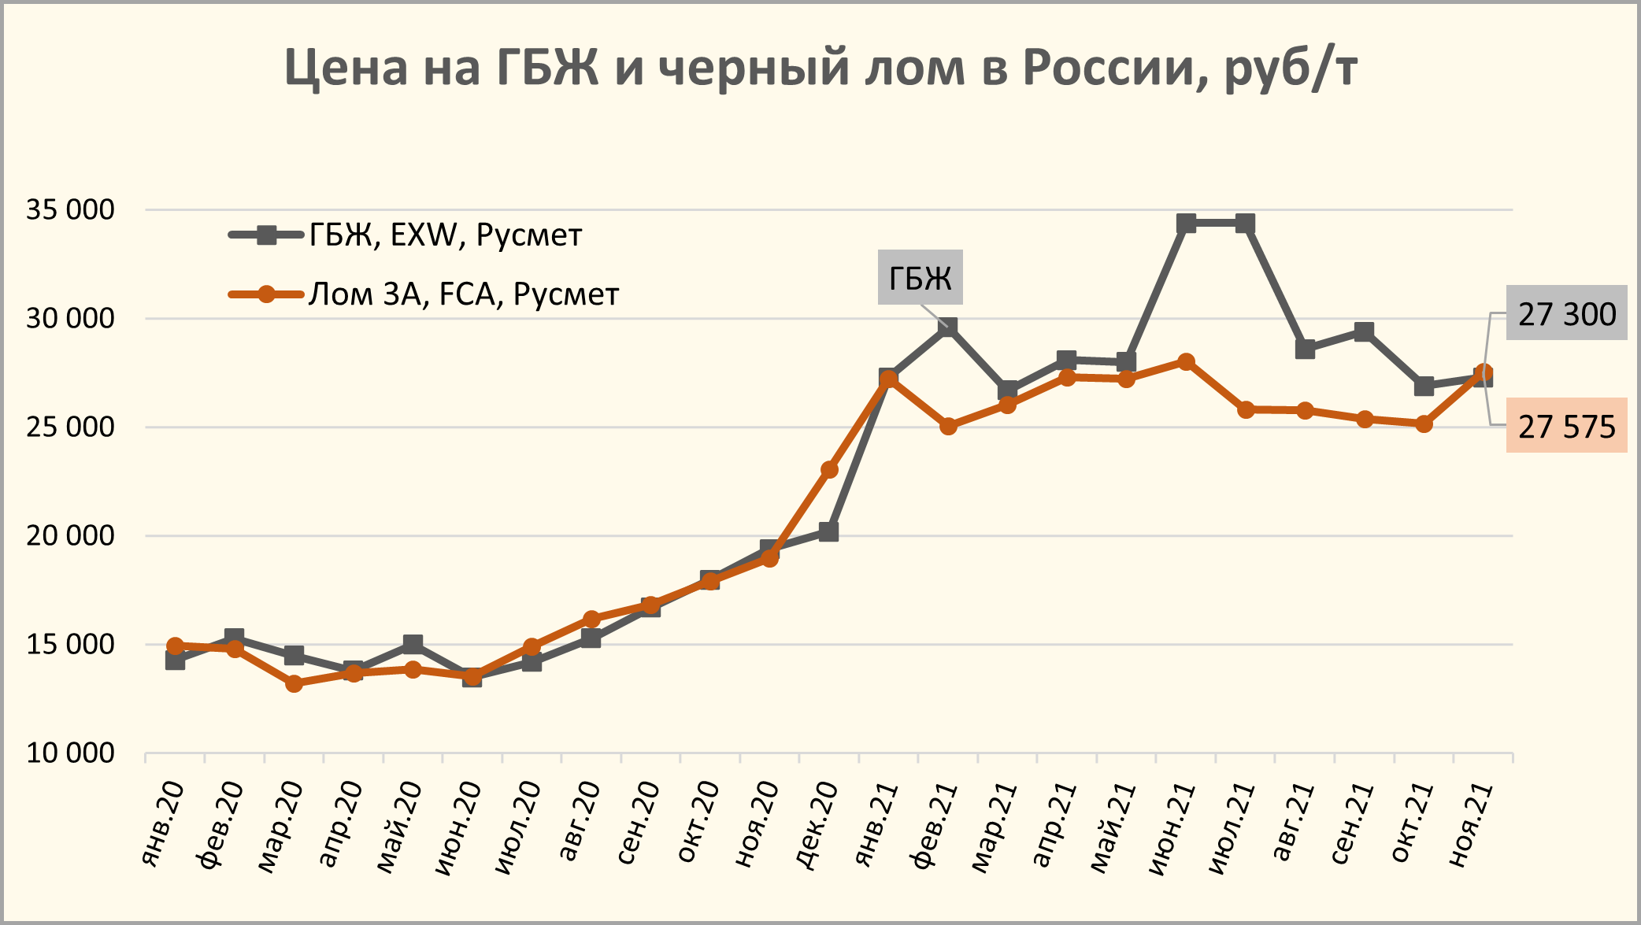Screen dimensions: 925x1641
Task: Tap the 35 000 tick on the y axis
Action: click(x=70, y=210)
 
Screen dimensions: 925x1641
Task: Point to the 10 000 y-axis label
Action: click(x=70, y=753)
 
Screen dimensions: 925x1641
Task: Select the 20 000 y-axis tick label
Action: click(x=70, y=536)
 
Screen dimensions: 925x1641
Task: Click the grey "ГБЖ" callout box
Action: click(x=920, y=278)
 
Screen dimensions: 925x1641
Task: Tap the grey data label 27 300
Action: click(x=1566, y=313)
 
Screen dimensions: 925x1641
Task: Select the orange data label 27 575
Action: click(x=1566, y=426)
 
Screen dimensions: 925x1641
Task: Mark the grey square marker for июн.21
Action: click(x=1186, y=224)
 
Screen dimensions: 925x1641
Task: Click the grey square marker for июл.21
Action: click(x=1245, y=224)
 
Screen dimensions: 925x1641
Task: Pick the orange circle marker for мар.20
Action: click(x=294, y=683)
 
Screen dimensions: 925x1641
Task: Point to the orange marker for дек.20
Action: click(x=829, y=470)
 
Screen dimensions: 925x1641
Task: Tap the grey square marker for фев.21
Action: click(x=948, y=327)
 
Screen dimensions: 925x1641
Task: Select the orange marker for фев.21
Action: click(x=948, y=427)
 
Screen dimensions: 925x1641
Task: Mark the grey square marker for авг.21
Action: click(x=1305, y=349)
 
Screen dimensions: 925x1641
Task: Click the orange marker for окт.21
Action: click(x=1424, y=424)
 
